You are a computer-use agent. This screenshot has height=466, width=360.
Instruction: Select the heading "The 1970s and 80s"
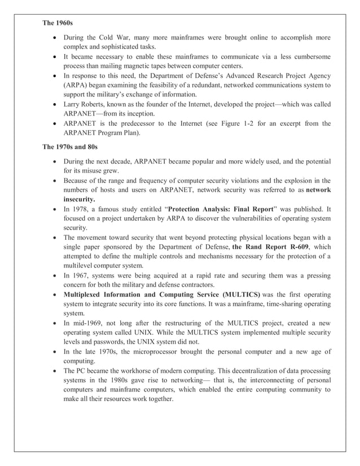[71, 147]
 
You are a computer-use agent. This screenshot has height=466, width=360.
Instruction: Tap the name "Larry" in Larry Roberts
[72, 104]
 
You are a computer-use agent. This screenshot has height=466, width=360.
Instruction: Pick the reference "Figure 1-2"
[253, 124]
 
